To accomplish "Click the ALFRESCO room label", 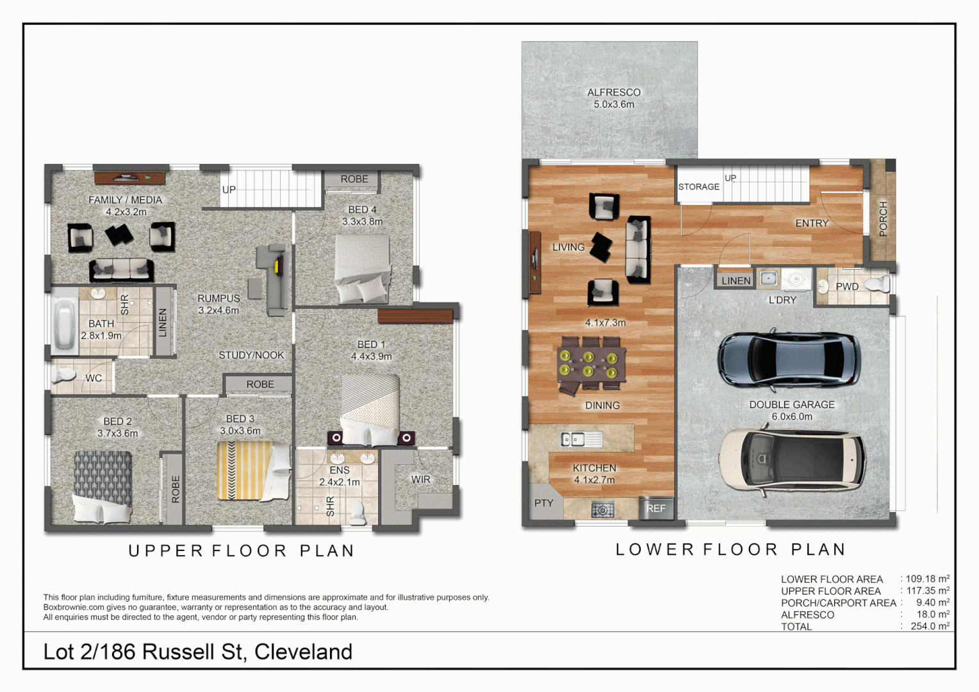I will pyautogui.click(x=614, y=92).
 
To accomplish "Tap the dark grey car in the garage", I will pyautogui.click(x=787, y=359).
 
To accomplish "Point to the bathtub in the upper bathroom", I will pyautogui.click(x=64, y=320).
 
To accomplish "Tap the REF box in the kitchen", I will pyautogui.click(x=655, y=508).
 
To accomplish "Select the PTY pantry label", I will pyautogui.click(x=543, y=503).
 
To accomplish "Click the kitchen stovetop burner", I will pyautogui.click(x=602, y=510).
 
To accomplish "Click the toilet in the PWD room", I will pyautogui.click(x=876, y=284).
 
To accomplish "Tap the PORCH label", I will pyautogui.click(x=883, y=218).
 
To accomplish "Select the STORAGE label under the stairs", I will pyautogui.click(x=698, y=186).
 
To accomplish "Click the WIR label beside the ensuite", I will pyautogui.click(x=421, y=479).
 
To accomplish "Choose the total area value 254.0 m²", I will pyautogui.click(x=930, y=626).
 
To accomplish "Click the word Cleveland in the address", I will pyautogui.click(x=303, y=652).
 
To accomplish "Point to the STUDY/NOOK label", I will pyautogui.click(x=251, y=355).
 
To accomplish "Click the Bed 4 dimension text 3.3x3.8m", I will pyautogui.click(x=362, y=222).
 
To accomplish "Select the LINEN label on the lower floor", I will pyautogui.click(x=736, y=281).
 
